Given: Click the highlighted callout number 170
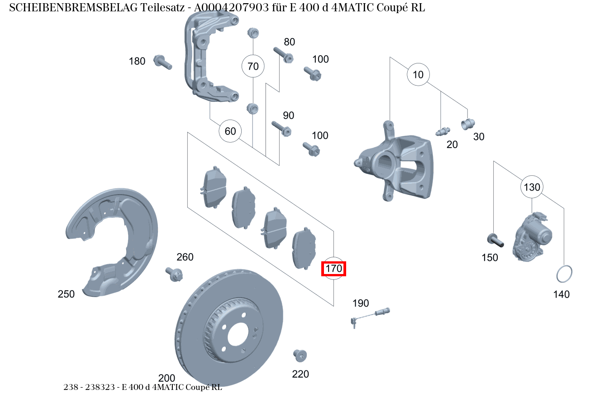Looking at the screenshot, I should pos(333,269).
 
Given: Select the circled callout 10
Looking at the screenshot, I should pos(418,74).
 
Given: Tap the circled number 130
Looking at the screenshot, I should pos(532,187).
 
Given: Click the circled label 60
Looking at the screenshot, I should pos(230,131).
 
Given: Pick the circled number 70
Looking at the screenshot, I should pos(253,66).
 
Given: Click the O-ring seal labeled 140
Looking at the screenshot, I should pos(564,274).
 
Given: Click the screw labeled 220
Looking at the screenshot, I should pos(300,355).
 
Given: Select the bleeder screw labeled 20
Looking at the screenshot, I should pos(442,131).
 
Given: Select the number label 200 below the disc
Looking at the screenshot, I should pos(167,378).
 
